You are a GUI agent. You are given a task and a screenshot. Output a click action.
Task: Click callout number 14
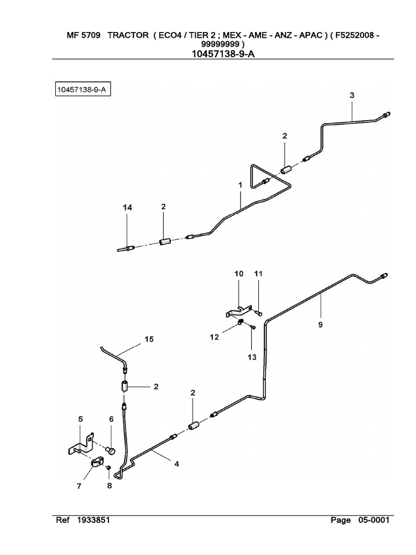[127, 208]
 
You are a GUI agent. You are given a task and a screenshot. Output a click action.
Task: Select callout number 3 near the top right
[352, 95]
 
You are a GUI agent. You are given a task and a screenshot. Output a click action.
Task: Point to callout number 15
[148, 339]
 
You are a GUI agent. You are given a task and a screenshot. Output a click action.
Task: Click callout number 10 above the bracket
[239, 274]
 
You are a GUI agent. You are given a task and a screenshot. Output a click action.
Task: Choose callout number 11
[258, 274]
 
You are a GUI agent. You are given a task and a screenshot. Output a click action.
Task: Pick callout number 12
[214, 337]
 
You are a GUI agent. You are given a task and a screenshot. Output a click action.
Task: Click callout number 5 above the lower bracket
[81, 419]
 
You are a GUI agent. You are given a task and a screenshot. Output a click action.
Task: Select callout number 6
[112, 419]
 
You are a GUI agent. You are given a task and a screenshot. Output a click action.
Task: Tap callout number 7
[79, 486]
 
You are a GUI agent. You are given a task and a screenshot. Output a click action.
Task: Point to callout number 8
[109, 486]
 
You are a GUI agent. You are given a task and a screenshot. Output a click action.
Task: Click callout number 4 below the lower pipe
[176, 463]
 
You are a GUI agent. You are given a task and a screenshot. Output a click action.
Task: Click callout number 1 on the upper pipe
[239, 185]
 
